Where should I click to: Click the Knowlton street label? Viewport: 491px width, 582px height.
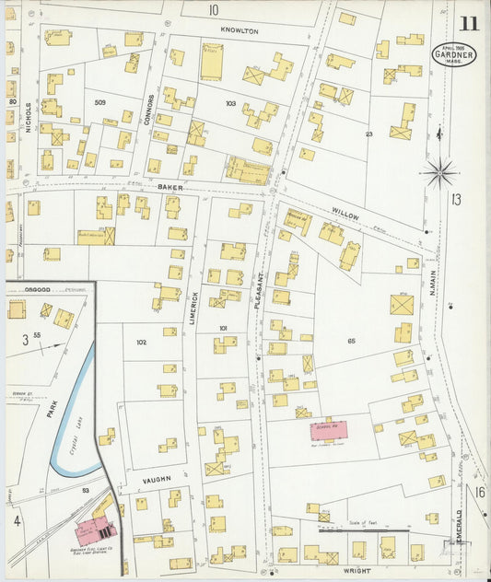pos(240,30)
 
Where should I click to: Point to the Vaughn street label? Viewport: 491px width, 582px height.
pos(158,480)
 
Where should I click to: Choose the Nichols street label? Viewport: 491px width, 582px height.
pos(29,117)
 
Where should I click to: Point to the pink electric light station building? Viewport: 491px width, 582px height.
pos(94,530)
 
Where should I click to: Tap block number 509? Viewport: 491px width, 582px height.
pos(99,102)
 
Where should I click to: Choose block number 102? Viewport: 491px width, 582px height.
pos(141,342)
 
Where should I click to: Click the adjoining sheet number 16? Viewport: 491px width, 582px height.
pos(480,493)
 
